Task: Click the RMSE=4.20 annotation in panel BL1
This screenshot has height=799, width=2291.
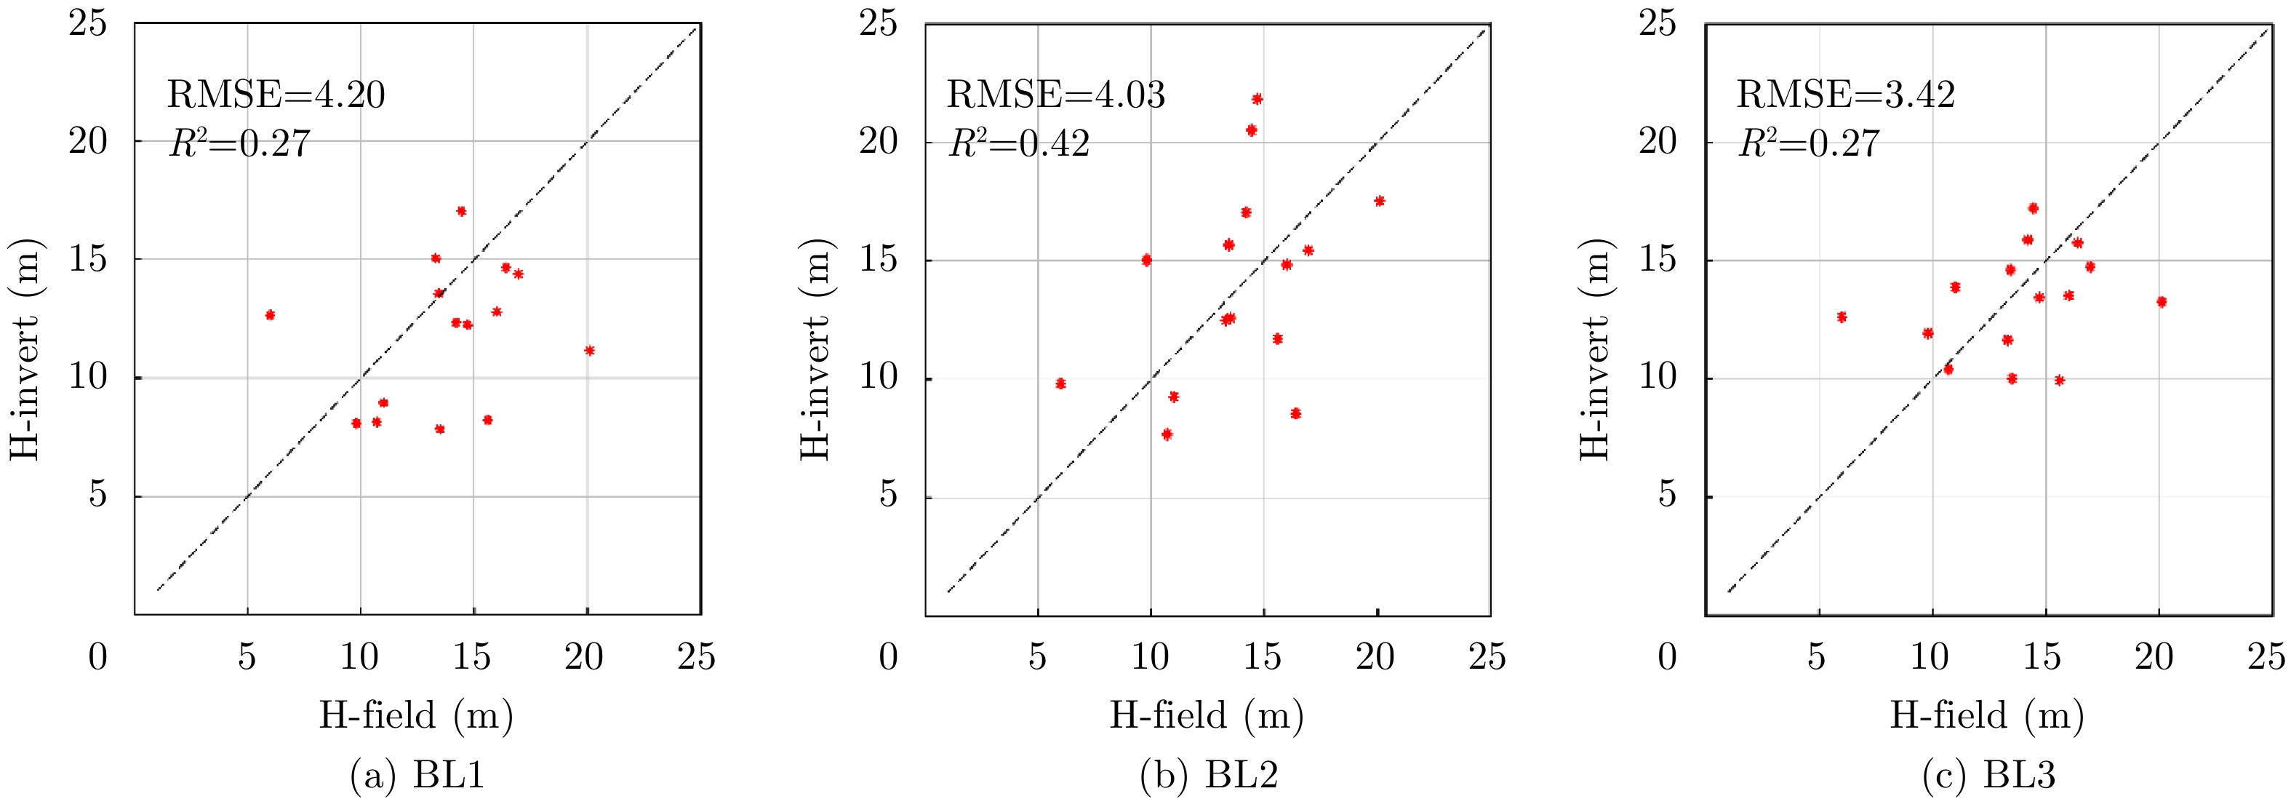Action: (276, 95)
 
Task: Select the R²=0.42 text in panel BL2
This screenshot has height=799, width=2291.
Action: (1019, 143)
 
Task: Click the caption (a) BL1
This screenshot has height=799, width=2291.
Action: (417, 775)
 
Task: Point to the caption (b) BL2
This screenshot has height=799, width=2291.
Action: (1209, 775)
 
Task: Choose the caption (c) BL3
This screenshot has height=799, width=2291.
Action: (1988, 775)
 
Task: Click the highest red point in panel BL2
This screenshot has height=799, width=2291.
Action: (1257, 99)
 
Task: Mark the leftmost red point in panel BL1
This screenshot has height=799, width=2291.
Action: (271, 315)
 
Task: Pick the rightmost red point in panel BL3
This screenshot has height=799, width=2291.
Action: (2161, 302)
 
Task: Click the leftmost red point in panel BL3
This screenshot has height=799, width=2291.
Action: (1842, 317)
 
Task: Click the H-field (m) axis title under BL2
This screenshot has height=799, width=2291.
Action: (1206, 715)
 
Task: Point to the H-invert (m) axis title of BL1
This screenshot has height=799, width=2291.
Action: (25, 349)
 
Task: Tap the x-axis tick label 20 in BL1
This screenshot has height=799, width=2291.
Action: (584, 656)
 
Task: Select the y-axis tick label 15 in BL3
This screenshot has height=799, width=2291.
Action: (1658, 259)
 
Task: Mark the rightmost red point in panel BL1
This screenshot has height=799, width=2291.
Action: (589, 351)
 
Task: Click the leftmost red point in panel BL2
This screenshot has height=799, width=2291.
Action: (1060, 383)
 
